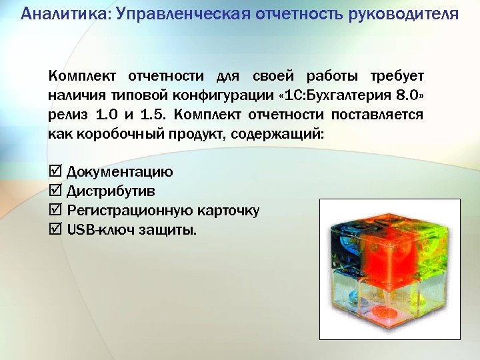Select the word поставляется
click(x=378, y=115)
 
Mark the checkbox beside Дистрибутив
click(x=55, y=192)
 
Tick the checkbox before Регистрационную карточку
click(x=55, y=211)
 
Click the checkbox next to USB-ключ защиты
click(x=55, y=231)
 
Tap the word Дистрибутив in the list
click(x=111, y=192)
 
